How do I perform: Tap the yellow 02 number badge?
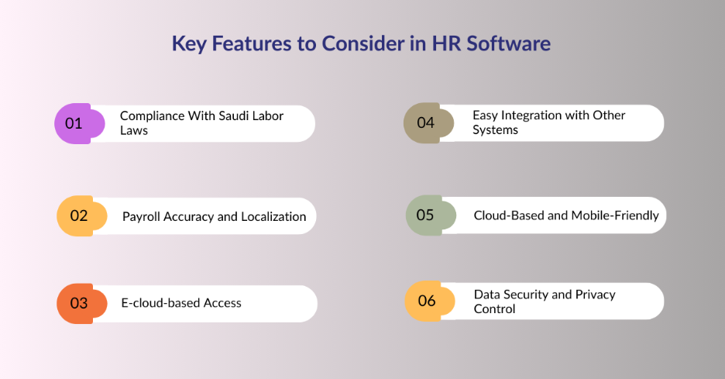[78, 216]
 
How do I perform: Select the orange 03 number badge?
[78, 303]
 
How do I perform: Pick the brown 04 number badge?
[425, 122]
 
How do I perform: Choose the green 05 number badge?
[425, 215]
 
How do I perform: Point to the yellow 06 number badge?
[426, 301]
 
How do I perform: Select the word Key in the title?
[187, 43]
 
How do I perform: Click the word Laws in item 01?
[133, 130]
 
